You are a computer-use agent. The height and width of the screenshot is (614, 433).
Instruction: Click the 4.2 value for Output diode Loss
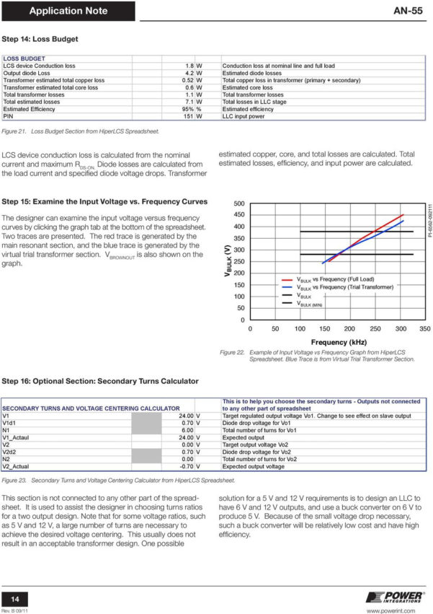189,73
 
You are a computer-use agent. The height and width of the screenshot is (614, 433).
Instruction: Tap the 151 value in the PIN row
189,116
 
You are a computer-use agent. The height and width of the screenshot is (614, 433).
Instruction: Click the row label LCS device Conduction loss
39,66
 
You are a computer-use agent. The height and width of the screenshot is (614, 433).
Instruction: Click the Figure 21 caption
80,131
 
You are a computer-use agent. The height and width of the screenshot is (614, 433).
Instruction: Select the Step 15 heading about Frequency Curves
104,201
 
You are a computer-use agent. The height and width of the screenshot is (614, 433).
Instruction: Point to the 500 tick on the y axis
238,203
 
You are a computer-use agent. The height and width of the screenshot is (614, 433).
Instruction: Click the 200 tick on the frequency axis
349,329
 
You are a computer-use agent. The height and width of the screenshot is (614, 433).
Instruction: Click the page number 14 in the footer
14,598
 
